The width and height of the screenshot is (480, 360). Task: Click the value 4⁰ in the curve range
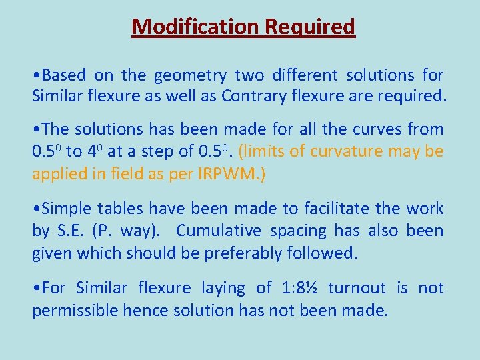[94, 151]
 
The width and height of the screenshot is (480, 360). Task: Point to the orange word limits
[264, 151]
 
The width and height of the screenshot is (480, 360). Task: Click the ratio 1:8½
[304, 288]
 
